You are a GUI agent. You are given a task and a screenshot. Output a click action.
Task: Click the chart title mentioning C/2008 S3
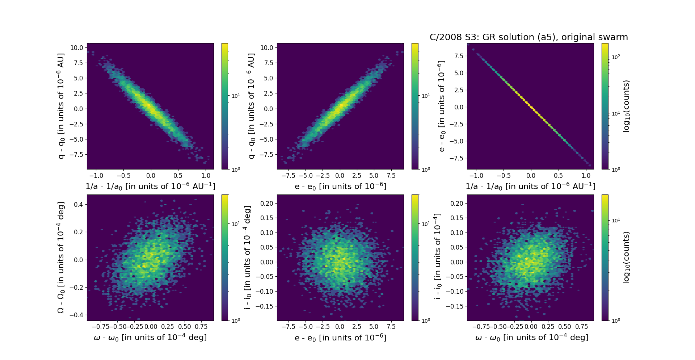coord(528,37)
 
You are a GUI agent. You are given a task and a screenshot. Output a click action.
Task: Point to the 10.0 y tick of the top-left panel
coord(77,48)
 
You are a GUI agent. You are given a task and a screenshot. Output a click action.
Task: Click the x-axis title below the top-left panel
coord(150,186)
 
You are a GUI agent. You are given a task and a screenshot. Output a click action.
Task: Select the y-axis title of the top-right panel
coord(441,106)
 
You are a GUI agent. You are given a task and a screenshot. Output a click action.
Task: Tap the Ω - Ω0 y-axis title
coord(61,258)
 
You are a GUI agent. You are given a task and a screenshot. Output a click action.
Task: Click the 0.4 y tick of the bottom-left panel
coord(79,204)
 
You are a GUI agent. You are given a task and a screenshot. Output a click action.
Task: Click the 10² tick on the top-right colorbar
coord(616,57)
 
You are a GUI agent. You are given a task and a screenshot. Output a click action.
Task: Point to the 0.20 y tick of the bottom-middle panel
coord(267,204)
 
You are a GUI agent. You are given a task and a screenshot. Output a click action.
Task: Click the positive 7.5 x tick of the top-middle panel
coord(391,176)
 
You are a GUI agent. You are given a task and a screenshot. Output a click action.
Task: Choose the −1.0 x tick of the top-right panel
coord(476,176)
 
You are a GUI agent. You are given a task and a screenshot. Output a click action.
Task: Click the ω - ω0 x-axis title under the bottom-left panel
coord(150,338)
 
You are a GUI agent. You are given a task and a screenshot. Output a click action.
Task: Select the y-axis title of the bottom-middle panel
coord(248,258)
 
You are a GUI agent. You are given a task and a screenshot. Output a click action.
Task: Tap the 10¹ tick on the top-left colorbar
coord(236,96)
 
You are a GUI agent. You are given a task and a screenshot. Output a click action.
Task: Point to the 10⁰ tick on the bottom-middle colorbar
coord(426,321)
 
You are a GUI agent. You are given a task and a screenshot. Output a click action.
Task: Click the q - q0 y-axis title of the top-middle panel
coord(251,106)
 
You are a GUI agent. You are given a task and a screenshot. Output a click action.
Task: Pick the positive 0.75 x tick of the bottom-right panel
coord(582,327)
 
